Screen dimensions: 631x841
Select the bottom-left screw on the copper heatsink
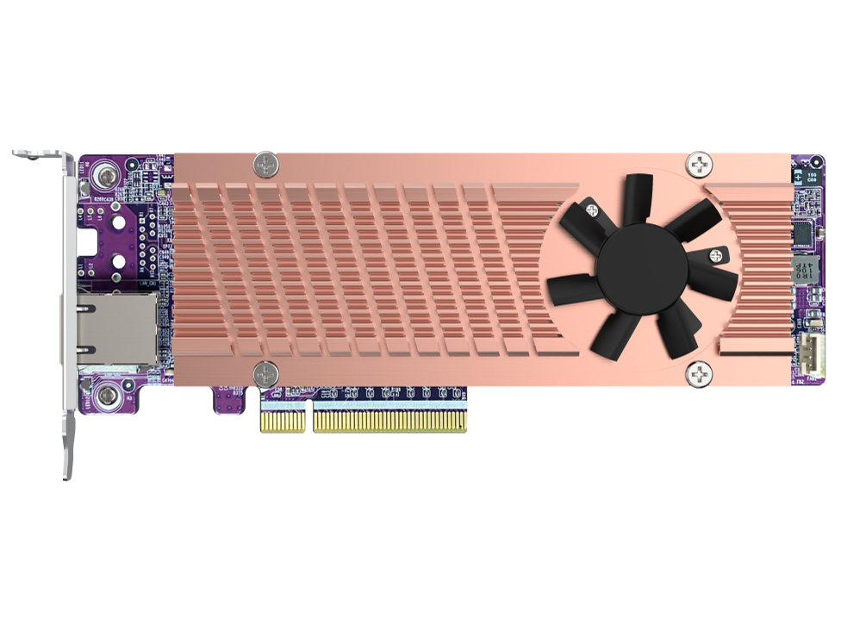(265, 374)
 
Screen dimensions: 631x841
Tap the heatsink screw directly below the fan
(699, 374)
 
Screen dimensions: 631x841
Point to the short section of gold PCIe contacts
(283, 422)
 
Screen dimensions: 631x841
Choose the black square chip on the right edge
(803, 231)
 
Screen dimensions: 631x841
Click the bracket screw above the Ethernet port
(105, 176)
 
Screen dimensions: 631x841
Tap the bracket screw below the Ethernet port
(105, 397)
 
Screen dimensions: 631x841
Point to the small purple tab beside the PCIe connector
(227, 399)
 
